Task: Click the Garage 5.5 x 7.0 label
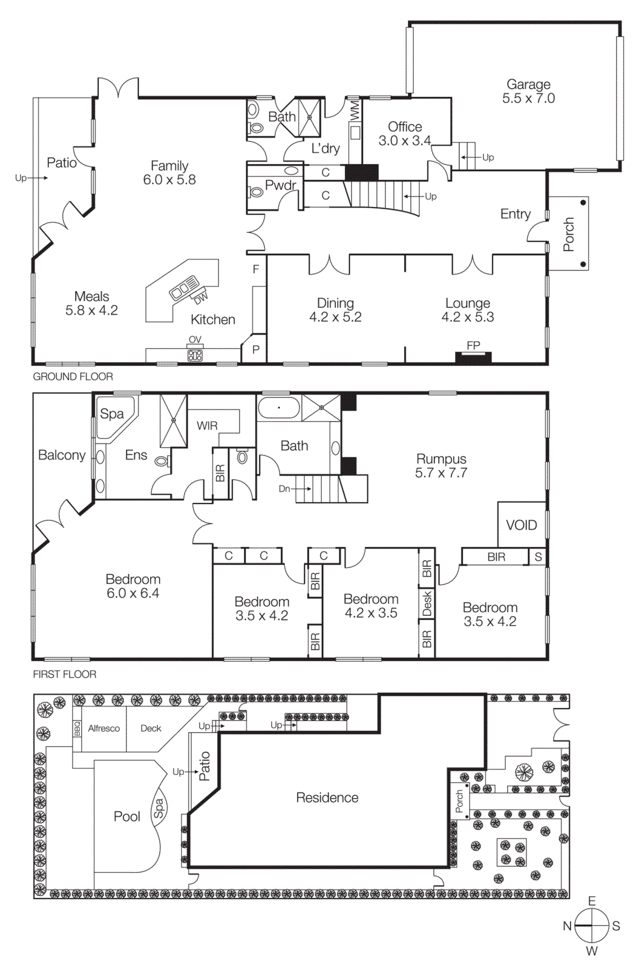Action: click(x=528, y=91)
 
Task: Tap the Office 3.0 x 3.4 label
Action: click(x=405, y=134)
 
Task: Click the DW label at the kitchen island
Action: click(x=200, y=298)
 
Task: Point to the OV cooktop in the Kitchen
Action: click(x=195, y=355)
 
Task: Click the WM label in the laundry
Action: click(x=355, y=110)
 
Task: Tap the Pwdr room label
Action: click(x=281, y=185)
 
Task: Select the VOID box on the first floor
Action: click(x=521, y=525)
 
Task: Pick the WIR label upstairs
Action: click(x=207, y=426)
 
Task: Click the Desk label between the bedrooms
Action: click(x=427, y=603)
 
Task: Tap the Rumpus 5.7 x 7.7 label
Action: click(x=441, y=466)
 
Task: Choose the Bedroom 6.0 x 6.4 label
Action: click(x=133, y=586)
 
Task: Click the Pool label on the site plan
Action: click(x=127, y=817)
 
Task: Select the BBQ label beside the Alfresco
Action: click(x=77, y=728)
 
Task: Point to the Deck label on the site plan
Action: click(x=151, y=728)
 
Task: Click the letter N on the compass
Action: click(x=567, y=926)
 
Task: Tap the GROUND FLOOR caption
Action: click(x=73, y=376)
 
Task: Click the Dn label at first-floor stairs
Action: click(x=284, y=489)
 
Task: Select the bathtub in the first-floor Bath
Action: click(x=278, y=408)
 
